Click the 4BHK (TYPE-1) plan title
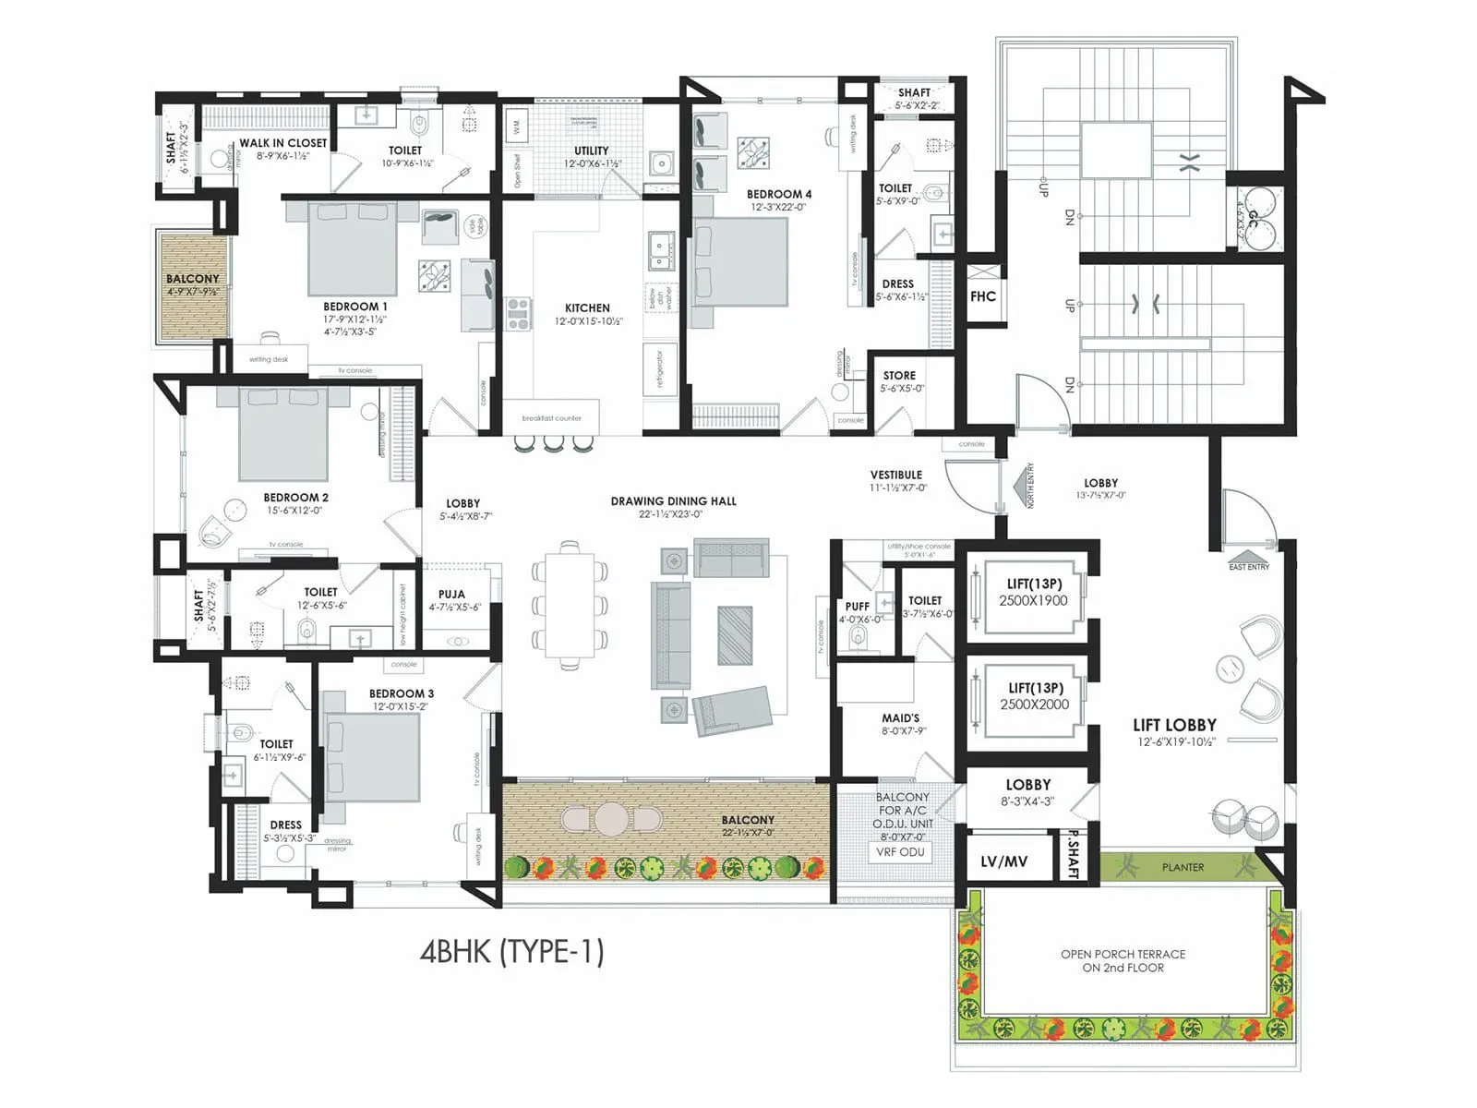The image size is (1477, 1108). coord(511,951)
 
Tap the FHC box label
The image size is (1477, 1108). coord(983,296)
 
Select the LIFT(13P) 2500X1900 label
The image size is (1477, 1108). coord(1034,592)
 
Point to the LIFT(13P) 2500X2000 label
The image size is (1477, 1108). coord(1035,696)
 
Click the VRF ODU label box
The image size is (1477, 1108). coord(899,852)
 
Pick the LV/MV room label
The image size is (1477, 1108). coord(1004,861)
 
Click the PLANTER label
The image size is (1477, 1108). coord(1183,867)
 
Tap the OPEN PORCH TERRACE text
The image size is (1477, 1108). coord(1123,960)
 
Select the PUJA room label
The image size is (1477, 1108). coord(451,599)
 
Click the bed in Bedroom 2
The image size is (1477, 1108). coord(283,434)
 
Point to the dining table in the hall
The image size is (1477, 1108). coord(570,605)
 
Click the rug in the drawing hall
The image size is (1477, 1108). coord(735,634)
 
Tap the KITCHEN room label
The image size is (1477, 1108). coord(588,313)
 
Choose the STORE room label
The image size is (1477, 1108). coord(899,380)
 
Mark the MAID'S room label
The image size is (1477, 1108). coord(900,723)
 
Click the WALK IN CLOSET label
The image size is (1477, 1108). coord(282,148)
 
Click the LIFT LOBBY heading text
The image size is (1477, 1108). coord(1174,726)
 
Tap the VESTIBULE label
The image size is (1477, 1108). coord(896,479)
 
